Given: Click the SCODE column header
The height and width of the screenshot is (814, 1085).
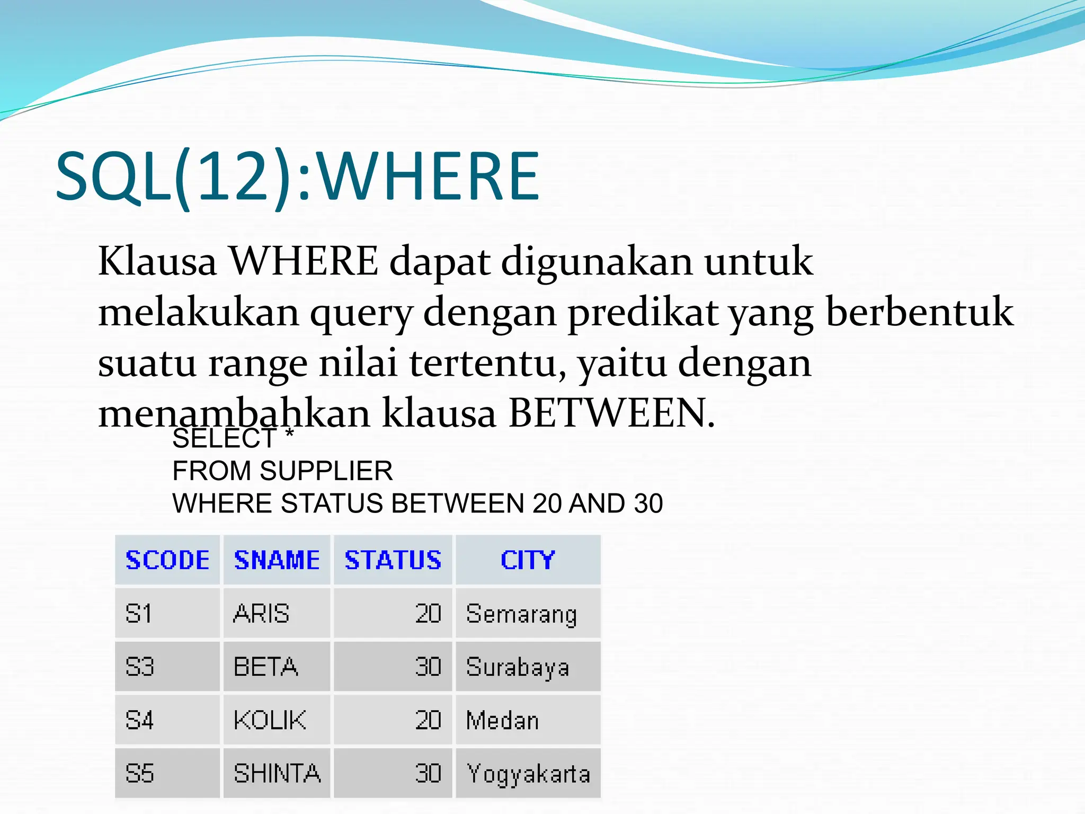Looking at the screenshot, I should click(x=167, y=560).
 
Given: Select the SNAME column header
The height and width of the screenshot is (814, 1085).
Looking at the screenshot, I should click(x=277, y=560).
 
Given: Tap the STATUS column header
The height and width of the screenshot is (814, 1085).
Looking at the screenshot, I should click(x=393, y=560).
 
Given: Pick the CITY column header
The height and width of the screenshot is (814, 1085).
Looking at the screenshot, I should click(x=528, y=560).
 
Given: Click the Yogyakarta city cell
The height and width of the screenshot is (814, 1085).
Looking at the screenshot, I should click(x=528, y=774).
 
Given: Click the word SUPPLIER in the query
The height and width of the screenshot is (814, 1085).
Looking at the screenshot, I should click(x=326, y=471).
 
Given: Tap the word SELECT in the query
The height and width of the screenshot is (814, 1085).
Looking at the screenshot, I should click(x=224, y=439).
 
